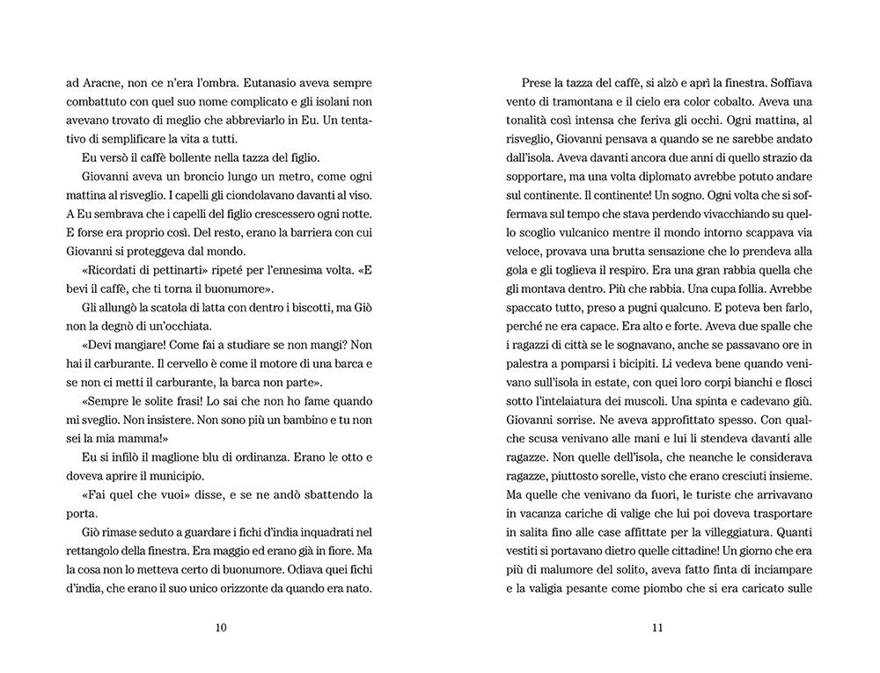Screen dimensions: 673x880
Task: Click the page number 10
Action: (220, 627)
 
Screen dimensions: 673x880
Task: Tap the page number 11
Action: (656, 627)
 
